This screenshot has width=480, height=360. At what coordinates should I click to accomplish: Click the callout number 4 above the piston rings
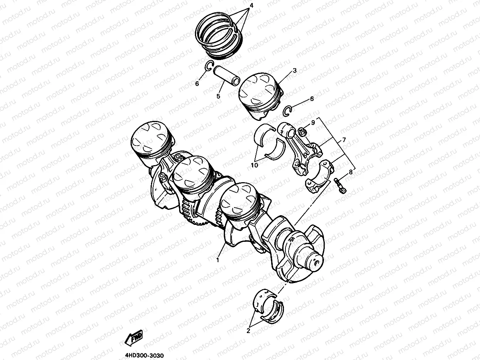252,5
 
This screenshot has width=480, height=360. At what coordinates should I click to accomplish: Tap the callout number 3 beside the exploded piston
295,70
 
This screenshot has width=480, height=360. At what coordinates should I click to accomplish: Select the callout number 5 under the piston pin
218,96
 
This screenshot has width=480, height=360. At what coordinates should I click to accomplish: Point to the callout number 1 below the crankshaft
218,260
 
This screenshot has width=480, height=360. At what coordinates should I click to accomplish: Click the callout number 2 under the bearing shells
248,331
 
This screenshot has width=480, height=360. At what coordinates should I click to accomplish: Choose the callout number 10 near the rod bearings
254,165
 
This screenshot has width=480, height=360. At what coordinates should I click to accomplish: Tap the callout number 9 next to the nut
313,122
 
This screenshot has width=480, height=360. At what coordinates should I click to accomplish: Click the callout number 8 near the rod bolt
351,172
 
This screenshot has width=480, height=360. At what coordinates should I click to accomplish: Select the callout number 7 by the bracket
344,140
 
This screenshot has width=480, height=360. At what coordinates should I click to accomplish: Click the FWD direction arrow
133,338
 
